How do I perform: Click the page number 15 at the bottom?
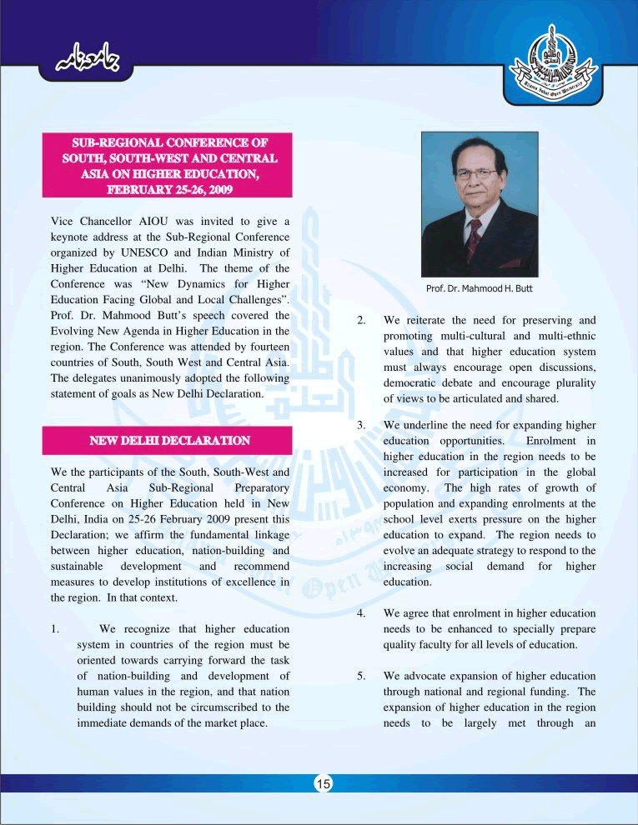click(324, 783)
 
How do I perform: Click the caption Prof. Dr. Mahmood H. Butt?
click(479, 288)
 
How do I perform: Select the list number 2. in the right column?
click(361, 320)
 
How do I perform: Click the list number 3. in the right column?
click(361, 425)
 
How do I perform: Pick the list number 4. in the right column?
click(361, 613)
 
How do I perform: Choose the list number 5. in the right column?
click(361, 676)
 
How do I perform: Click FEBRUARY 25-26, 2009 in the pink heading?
click(168, 188)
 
